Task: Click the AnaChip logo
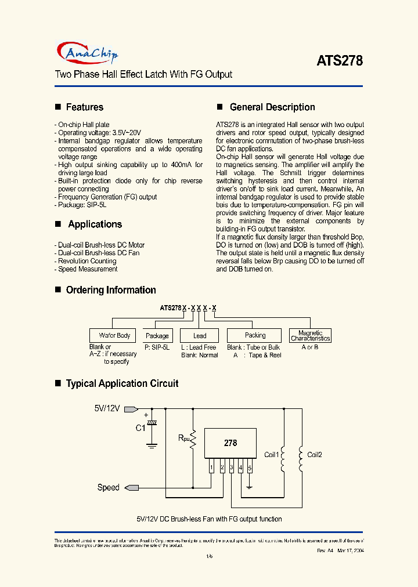click(89, 53)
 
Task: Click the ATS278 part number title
click(340, 60)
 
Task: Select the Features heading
click(85, 107)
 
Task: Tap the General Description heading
click(272, 107)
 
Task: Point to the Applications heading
click(95, 224)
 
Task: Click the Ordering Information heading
click(111, 290)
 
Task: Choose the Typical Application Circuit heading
click(122, 383)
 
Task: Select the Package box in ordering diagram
click(157, 336)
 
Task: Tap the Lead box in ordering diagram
click(200, 336)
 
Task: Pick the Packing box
click(255, 335)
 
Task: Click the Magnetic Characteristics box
click(310, 335)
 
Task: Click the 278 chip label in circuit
click(230, 443)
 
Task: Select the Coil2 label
click(314, 455)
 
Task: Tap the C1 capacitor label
click(140, 429)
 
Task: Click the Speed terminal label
click(108, 488)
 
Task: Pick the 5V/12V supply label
click(107, 408)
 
